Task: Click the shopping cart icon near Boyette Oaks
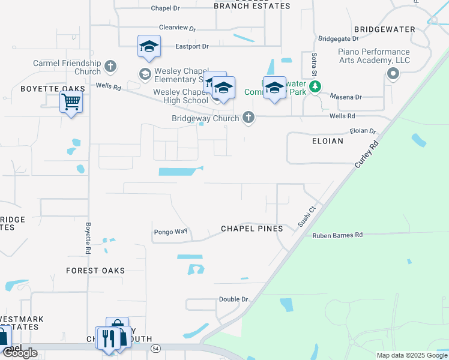pos(71,103)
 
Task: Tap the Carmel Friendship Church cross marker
pos(110,65)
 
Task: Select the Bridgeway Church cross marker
pos(249,118)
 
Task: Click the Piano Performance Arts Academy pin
pos(393,74)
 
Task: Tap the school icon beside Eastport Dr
pos(149,46)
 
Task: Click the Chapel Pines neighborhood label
pos(252,229)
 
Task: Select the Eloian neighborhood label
pos(327,141)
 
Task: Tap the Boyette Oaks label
pos(45,88)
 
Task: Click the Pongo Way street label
pos(170,231)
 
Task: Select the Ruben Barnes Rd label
pos(337,235)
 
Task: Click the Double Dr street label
pos(234,299)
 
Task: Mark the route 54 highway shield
pos(156,348)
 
